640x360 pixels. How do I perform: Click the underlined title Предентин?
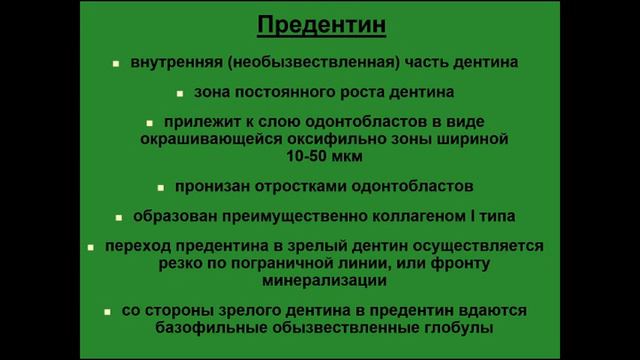[x=320, y=24]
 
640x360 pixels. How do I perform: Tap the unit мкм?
[x=346, y=157]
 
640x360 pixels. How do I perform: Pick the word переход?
[x=132, y=246]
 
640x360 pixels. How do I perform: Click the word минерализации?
[x=320, y=280]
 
